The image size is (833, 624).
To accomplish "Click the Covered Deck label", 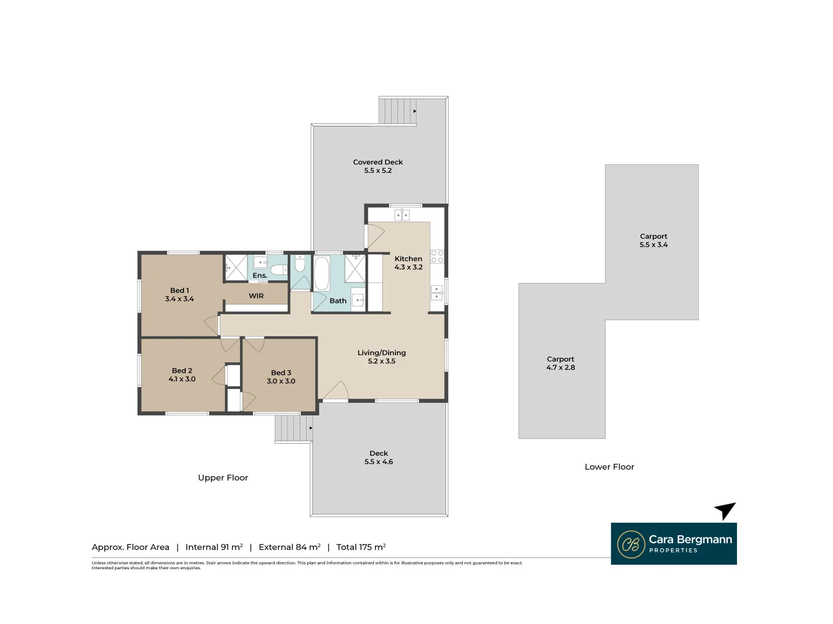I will tap(378, 162).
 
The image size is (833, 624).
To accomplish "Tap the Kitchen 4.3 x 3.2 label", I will tap(408, 263).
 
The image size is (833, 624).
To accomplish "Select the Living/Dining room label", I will tap(381, 353).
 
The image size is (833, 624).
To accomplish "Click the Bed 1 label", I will tap(179, 291).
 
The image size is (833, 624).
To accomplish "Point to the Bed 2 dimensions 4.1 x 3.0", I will tap(182, 380).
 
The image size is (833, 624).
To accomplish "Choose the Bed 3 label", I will tap(281, 373).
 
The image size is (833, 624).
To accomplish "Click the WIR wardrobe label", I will tap(256, 296).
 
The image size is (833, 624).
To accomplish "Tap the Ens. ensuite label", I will tap(260, 276).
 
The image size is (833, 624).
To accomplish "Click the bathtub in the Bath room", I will tap(322, 273).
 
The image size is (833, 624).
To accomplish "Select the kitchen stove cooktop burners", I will tap(437, 257).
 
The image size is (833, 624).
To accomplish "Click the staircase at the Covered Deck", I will tap(397, 111).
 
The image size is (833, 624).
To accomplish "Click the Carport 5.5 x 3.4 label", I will tap(653, 240).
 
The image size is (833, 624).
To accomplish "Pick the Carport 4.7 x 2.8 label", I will tap(561, 363).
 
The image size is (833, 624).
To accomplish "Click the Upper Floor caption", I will tap(223, 478).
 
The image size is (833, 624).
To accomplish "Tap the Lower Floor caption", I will tap(609, 467).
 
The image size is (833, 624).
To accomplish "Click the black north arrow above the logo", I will tap(725, 510).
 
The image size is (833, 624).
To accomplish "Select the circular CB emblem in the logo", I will tap(631, 544).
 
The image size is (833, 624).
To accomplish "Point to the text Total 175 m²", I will tap(361, 547).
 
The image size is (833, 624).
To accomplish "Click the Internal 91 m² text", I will tap(214, 547).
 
